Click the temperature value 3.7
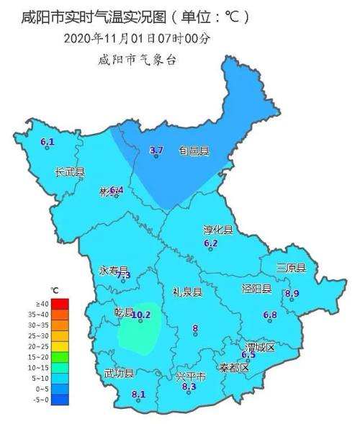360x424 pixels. click(x=157, y=150)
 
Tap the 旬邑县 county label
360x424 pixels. click(x=194, y=151)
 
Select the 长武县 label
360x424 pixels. click(x=70, y=172)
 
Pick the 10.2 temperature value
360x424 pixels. click(x=141, y=315)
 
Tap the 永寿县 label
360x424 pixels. click(x=113, y=270)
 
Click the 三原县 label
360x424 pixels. click(x=292, y=268)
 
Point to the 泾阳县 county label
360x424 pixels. click(x=256, y=289)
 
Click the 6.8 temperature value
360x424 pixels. click(x=271, y=315)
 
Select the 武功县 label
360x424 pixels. click(x=119, y=372)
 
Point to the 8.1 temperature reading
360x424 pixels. click(x=139, y=394)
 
